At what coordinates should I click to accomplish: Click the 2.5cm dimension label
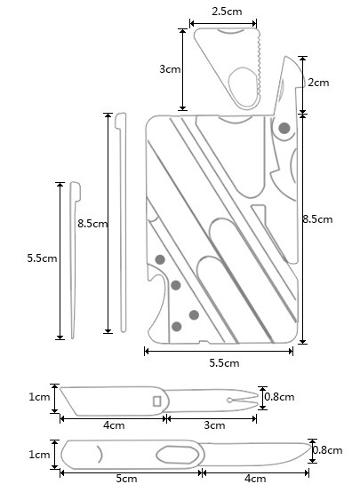click(x=227, y=12)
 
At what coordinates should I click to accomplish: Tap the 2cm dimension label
click(x=318, y=83)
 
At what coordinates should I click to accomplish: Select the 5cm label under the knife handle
click(x=126, y=479)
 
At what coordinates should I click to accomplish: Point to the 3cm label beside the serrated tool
click(x=170, y=68)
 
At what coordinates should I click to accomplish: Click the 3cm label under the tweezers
click(x=214, y=425)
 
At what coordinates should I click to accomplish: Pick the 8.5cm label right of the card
click(x=317, y=219)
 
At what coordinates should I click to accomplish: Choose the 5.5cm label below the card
click(x=224, y=363)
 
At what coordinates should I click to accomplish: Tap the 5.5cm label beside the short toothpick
click(x=42, y=258)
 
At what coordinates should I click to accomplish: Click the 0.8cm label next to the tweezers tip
click(x=279, y=397)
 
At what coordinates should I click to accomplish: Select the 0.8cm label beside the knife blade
click(x=327, y=450)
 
